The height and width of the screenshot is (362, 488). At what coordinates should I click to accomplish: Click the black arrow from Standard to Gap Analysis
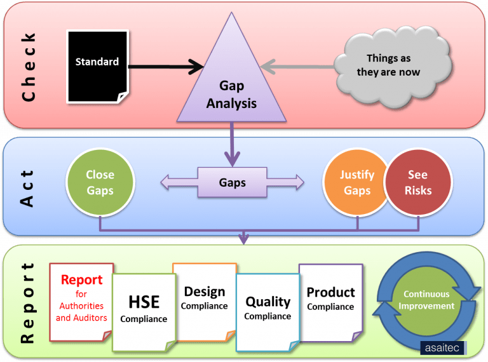click(165, 65)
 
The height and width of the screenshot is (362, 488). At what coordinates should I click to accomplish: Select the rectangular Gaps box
click(232, 183)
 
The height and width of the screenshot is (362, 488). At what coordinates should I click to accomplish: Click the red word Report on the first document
click(81, 280)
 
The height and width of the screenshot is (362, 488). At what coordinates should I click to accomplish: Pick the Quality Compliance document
click(268, 307)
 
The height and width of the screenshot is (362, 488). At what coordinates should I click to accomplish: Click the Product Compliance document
click(330, 298)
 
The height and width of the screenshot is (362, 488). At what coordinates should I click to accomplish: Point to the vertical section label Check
click(28, 66)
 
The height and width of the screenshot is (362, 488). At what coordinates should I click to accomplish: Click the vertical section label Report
click(28, 302)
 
